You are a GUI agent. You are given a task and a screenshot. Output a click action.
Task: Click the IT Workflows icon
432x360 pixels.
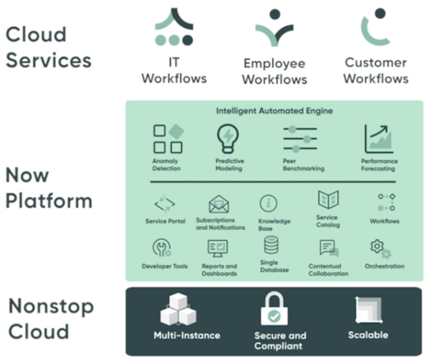(174, 28)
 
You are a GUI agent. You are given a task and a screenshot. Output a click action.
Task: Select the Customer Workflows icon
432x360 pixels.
(375, 27)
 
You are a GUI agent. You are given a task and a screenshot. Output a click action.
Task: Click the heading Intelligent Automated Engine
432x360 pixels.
(274, 111)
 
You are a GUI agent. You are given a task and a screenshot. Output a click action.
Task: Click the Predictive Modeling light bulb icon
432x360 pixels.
(228, 139)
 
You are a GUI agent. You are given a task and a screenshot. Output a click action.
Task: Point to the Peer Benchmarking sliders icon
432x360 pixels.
(300, 139)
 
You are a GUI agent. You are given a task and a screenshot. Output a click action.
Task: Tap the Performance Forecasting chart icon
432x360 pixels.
(379, 139)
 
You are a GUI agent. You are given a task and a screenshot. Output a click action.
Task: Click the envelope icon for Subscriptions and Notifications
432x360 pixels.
(220, 205)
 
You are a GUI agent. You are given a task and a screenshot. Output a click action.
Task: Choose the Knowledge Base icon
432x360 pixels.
(268, 204)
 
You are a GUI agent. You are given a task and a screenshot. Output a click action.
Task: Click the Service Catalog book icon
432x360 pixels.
(328, 200)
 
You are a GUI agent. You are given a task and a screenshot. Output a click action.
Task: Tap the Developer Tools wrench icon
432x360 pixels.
(163, 248)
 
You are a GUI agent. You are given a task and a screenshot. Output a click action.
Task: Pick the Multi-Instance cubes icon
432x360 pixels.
(178, 310)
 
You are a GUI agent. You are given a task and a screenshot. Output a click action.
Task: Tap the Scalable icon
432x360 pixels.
(368, 310)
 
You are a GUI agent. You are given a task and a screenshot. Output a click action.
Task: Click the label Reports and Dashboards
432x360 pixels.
(219, 270)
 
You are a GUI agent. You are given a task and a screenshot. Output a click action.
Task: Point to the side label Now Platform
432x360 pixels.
(49, 188)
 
